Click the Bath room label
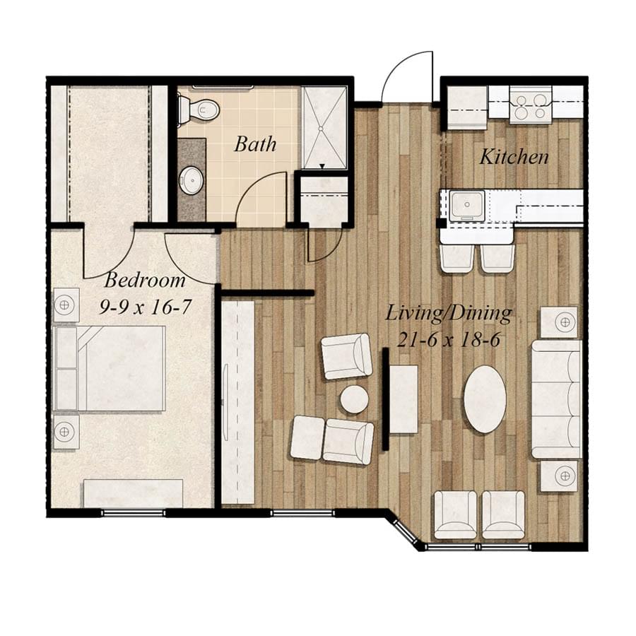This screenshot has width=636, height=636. pos(255,145)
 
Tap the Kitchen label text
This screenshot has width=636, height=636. pos(514,157)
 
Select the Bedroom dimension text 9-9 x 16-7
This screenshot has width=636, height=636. pos(145,307)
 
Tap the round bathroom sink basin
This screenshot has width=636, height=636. pos(191,181)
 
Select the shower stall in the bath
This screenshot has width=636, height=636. pos(324,127)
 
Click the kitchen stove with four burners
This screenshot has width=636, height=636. pos(530,105)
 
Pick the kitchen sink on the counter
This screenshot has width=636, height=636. pos(468,204)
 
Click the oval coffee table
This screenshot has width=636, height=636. pos(485,399)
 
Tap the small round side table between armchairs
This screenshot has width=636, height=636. pos(354,399)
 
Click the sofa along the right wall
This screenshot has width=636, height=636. pos(556,399)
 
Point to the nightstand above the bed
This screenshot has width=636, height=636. pos(65,305)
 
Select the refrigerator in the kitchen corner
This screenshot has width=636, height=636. pos(466,107)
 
